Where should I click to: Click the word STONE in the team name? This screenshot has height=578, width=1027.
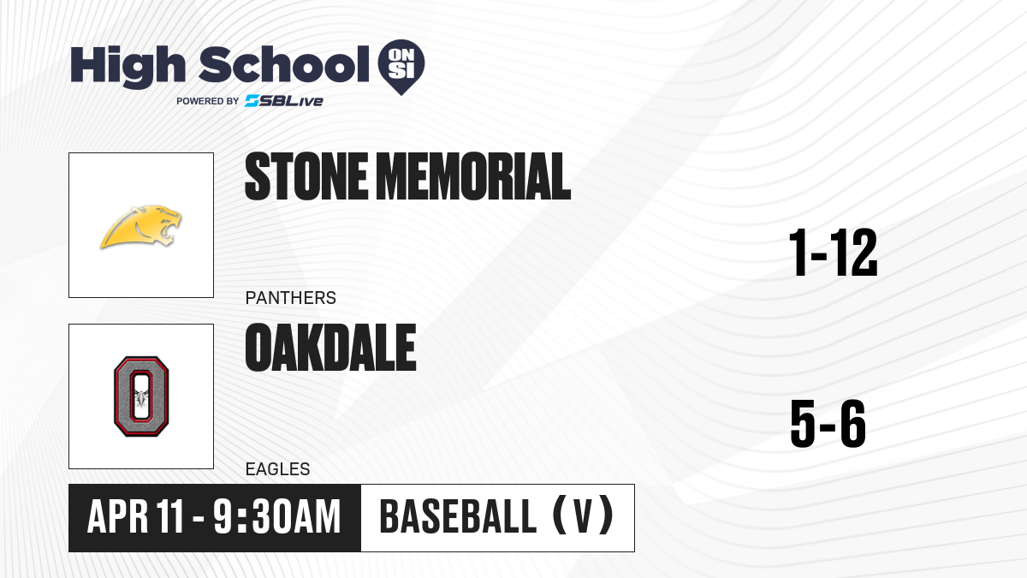point(306,176)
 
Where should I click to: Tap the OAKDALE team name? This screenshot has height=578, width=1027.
point(330,348)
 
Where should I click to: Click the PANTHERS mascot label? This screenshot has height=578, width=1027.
point(291,298)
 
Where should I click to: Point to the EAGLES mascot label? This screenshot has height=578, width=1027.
point(278,469)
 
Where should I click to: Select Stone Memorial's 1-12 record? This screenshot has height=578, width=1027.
point(833,253)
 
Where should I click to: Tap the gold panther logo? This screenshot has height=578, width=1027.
point(140,227)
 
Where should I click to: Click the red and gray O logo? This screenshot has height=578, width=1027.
point(141,396)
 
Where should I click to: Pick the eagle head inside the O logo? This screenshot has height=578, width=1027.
point(141,397)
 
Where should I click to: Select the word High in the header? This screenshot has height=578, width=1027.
point(128,67)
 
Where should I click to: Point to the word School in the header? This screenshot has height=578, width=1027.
point(284,65)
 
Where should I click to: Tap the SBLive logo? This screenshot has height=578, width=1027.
point(284,101)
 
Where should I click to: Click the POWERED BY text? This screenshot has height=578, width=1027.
point(208,101)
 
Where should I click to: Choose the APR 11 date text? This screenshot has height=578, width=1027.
point(135,517)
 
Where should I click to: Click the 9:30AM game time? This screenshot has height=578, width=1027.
point(277,517)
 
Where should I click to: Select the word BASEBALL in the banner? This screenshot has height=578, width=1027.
point(458,516)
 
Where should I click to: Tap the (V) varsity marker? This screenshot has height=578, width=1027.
point(583,516)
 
